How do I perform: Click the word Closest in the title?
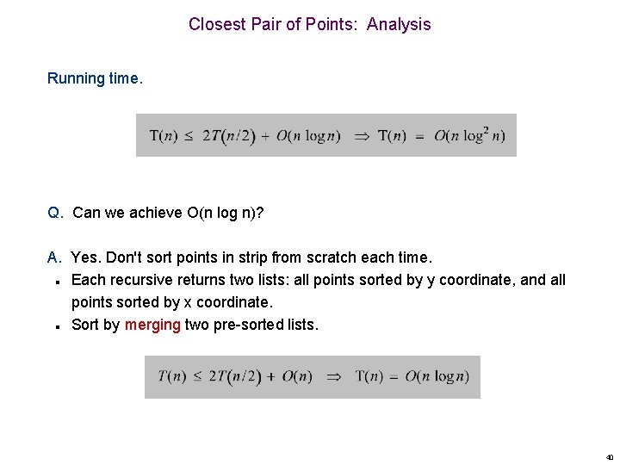coord(218,24)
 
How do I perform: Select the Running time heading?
coord(95,78)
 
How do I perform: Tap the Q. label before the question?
coord(55,213)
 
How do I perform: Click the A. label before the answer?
coord(55,257)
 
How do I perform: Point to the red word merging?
coord(152,325)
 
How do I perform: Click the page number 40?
coord(610,457)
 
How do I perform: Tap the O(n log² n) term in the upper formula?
coord(469,136)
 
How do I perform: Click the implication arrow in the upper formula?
coord(362,136)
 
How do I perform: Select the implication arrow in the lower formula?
coord(334,376)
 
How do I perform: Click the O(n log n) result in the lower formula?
coord(437,376)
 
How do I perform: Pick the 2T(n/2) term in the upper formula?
coord(229,136)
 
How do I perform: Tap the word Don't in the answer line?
coord(123,257)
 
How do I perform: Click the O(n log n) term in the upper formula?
coord(308,136)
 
